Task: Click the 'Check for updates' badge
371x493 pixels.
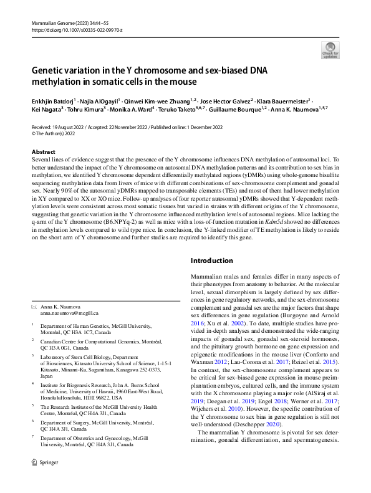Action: pyautogui.click(x=330, y=49)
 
